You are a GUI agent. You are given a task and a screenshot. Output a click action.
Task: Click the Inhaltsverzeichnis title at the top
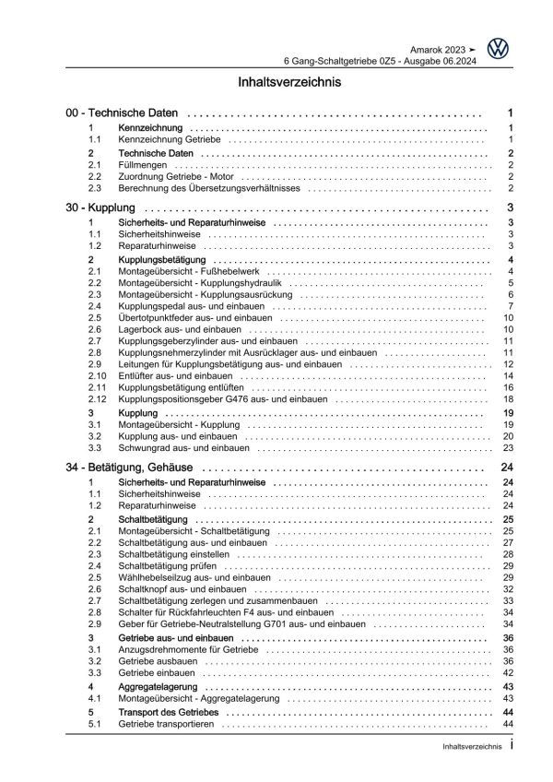276,82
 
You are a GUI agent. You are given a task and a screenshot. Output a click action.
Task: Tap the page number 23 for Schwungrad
507,448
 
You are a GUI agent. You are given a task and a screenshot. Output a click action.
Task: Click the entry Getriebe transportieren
167,726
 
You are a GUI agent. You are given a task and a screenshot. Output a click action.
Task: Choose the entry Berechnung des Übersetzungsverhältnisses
209,187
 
